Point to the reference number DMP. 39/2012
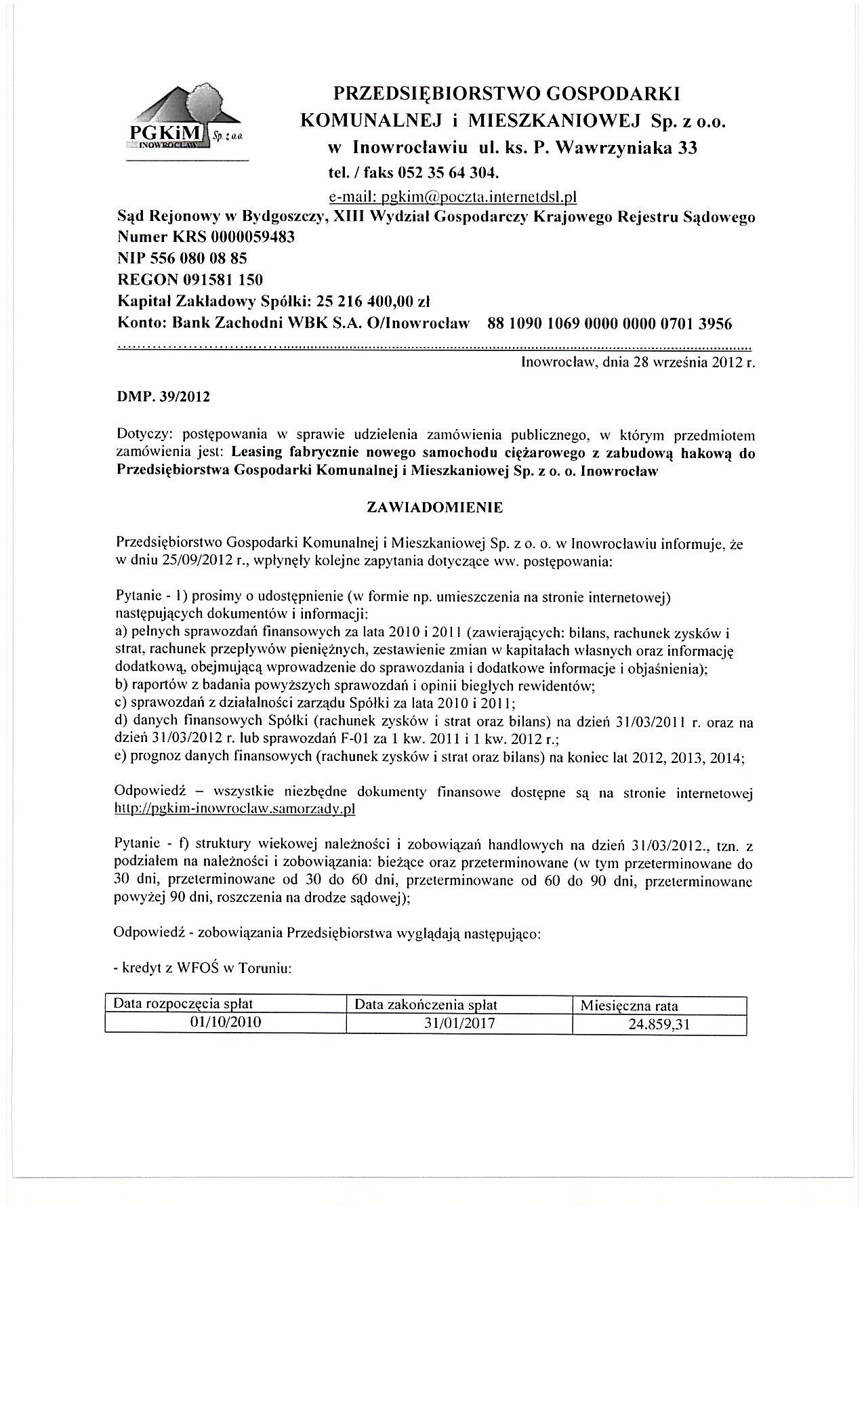[163, 396]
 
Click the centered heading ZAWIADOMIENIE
[434, 506]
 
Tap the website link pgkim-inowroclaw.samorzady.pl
[236, 808]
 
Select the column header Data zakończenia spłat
[426, 1004]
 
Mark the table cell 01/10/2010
[226, 1023]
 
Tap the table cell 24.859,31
[659, 1025]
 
